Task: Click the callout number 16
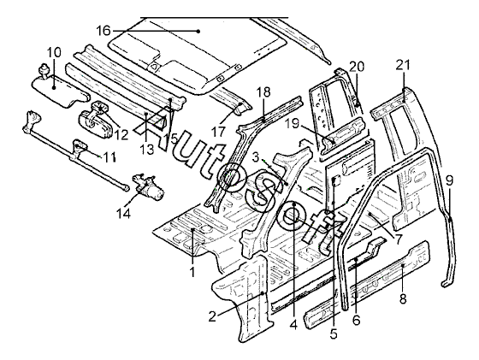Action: (x=103, y=31)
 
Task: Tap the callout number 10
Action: (x=54, y=52)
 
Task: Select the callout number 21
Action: (x=403, y=65)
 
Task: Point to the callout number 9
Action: (x=449, y=180)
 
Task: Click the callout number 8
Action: (x=403, y=298)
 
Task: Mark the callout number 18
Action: (x=263, y=91)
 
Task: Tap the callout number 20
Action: (x=357, y=66)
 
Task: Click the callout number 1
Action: (x=192, y=271)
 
